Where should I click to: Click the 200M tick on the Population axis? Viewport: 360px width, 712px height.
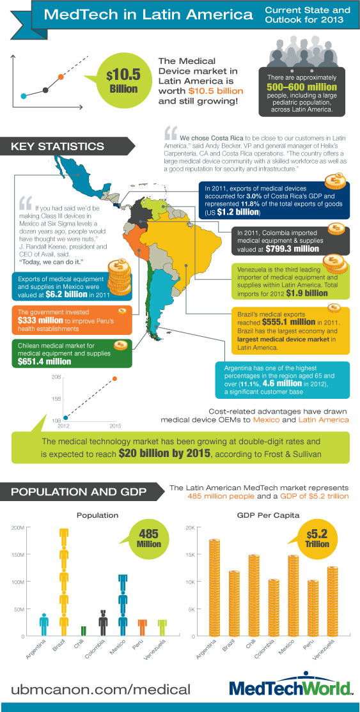(x=17, y=528)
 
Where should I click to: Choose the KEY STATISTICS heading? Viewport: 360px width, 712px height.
(x=58, y=147)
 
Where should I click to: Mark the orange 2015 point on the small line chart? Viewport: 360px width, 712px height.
(x=115, y=379)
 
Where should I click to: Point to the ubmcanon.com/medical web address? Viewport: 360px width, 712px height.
(x=100, y=689)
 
